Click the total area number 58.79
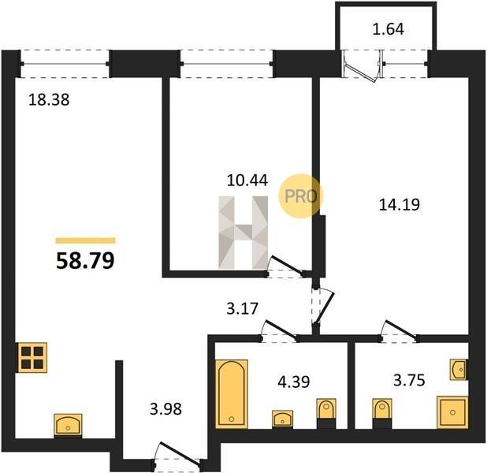[x=85, y=260]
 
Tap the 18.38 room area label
[x=49, y=100]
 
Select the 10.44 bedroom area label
[x=247, y=181]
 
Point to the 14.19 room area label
[x=400, y=205]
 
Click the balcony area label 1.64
[x=388, y=29]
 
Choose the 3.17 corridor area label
[x=242, y=308]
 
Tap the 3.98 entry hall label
[x=165, y=408]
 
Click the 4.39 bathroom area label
[x=293, y=382]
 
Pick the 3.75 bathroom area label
[x=409, y=380]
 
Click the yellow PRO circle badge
[x=301, y=196]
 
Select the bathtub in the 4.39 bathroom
[x=232, y=394]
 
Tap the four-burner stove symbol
[x=32, y=357]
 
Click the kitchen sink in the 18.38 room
[x=68, y=425]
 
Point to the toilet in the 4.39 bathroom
[x=326, y=413]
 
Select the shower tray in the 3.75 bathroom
[x=452, y=412]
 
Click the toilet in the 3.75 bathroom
[x=382, y=413]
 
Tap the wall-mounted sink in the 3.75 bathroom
[x=459, y=370]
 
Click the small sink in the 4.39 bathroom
[x=283, y=419]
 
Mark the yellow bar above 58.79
[x=85, y=240]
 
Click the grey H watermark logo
[x=243, y=233]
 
